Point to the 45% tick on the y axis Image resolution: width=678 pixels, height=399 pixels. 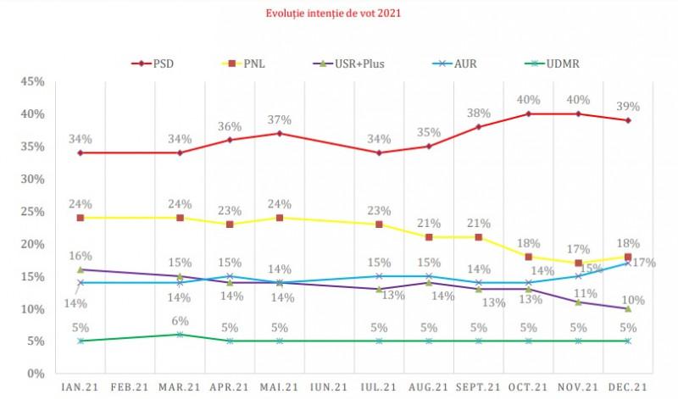pyautogui.click(x=31, y=81)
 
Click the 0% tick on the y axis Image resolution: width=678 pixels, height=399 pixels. pyautogui.click(x=34, y=374)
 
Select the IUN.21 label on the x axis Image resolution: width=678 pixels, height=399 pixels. pyautogui.click(x=329, y=387)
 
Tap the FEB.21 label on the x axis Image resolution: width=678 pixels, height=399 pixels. pyautogui.click(x=130, y=387)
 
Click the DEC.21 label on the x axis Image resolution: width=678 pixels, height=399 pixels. pyautogui.click(x=627, y=387)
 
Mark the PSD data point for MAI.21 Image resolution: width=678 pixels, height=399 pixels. pyautogui.click(x=280, y=133)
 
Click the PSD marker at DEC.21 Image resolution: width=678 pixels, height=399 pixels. pyautogui.click(x=627, y=120)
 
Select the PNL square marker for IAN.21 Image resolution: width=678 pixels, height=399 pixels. pyautogui.click(x=81, y=218)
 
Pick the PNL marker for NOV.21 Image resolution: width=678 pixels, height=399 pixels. pyautogui.click(x=578, y=263)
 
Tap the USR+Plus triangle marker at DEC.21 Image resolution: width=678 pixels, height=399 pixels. pyautogui.click(x=627, y=308)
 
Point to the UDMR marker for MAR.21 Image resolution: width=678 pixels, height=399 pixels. pyautogui.click(x=180, y=335)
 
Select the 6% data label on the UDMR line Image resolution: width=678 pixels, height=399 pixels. pyautogui.click(x=180, y=319)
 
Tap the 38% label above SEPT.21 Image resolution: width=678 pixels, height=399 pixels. pyautogui.click(x=480, y=112)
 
